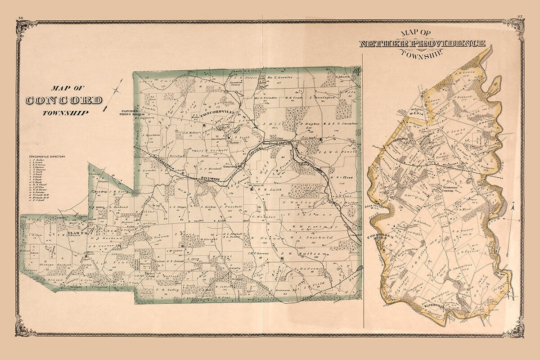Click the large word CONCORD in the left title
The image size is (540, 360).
point(64,100)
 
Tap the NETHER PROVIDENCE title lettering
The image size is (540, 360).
point(422,44)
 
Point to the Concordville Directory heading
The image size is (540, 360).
point(47,157)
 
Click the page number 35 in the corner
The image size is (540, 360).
point(519,18)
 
